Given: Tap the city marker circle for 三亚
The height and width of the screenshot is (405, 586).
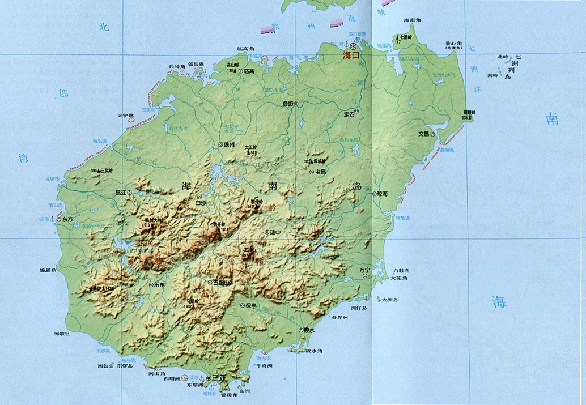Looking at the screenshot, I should pyautogui.click(x=209, y=378).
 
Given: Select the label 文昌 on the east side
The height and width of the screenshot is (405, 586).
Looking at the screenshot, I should pyautogui.click(x=423, y=134).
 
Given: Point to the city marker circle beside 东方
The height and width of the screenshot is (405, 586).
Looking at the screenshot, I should pyautogui.click(x=59, y=219).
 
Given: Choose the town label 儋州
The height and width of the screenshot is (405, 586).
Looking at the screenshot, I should pyautogui.click(x=230, y=145).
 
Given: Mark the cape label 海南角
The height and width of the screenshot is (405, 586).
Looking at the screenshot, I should pyautogui.click(x=413, y=20).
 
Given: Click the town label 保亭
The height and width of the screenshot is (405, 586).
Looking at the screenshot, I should pyautogui.click(x=250, y=305).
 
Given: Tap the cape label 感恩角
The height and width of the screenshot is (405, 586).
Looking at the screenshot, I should pyautogui.click(x=48, y=271).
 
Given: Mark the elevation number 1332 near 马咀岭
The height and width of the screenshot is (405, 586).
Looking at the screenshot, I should pyautogui.click(x=188, y=306).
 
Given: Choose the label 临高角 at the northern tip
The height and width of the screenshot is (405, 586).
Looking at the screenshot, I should pyautogui.click(x=247, y=49).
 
